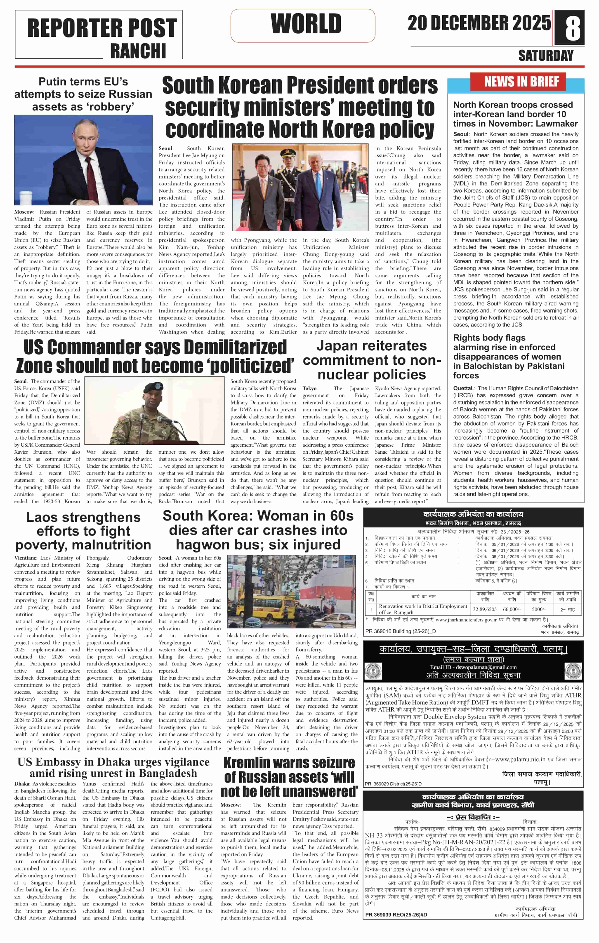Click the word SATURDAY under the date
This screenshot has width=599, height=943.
coord(546,56)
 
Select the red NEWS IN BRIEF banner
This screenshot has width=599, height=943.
coord(521,82)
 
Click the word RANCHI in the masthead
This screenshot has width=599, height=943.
coord(138,51)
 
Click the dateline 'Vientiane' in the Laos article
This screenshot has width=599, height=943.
coord(26,558)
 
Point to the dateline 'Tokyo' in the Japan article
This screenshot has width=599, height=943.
coord(309,389)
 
